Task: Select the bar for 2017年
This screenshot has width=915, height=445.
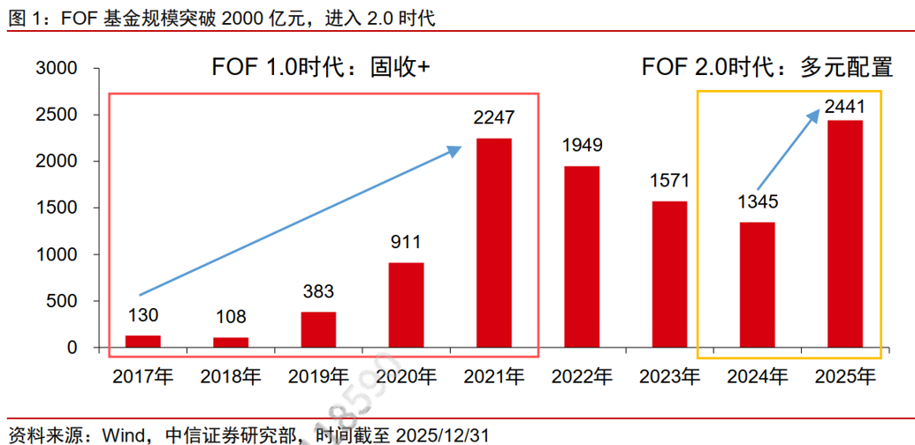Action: pos(142,342)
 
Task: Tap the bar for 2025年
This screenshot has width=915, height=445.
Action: pos(844,234)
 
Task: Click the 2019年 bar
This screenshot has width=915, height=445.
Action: pos(318,329)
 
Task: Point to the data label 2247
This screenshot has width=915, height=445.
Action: pos(493,117)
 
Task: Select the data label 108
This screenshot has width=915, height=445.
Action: pos(231,317)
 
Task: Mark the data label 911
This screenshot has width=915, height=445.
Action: pos(406,242)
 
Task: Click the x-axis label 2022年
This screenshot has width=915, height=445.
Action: pos(582,377)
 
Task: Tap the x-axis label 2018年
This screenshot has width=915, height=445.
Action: pos(231,377)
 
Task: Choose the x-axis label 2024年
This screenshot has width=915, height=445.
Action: pos(757,377)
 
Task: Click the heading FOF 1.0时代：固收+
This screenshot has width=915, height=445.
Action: pos(320,67)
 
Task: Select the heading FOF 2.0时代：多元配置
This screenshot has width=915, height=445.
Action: pos(766,67)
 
